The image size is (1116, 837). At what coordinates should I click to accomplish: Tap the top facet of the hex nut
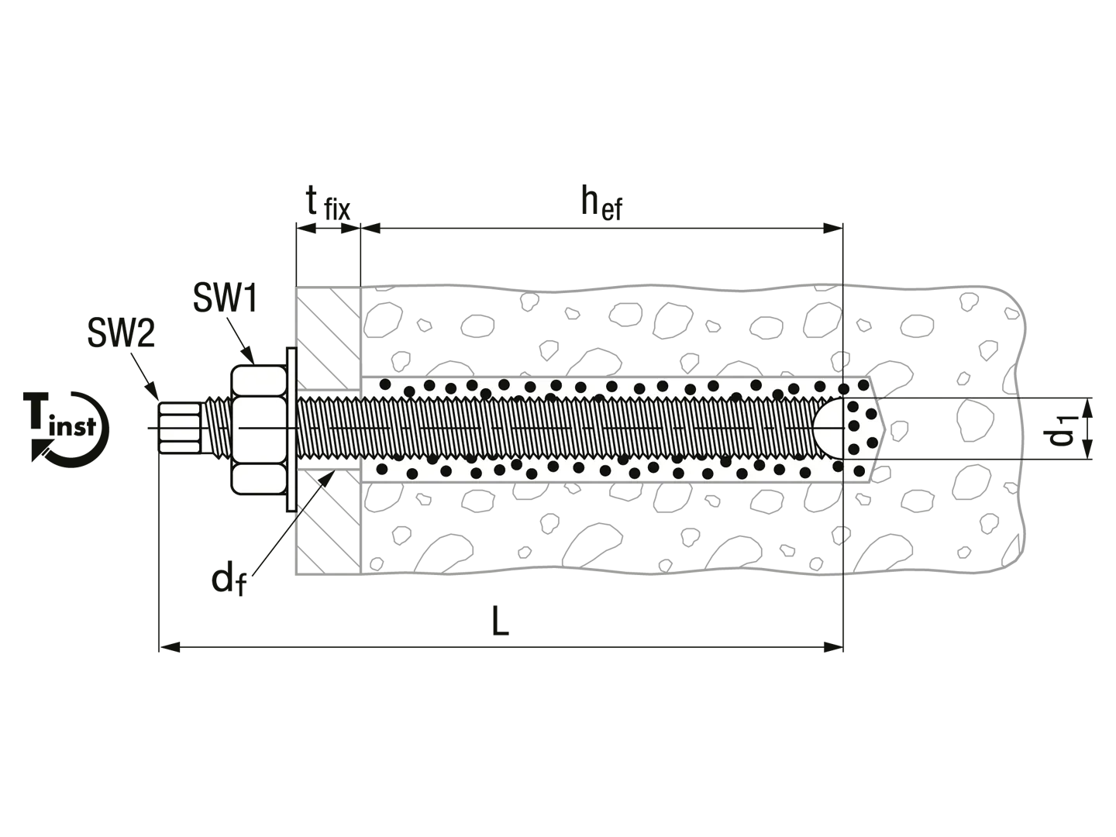click(260, 382)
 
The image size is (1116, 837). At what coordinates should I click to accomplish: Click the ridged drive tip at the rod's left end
click(179, 428)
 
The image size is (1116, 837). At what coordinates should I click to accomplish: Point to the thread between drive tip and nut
click(218, 428)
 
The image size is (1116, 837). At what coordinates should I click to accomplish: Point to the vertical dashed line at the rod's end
click(842, 325)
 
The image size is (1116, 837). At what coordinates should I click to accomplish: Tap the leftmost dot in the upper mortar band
click(384, 384)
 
